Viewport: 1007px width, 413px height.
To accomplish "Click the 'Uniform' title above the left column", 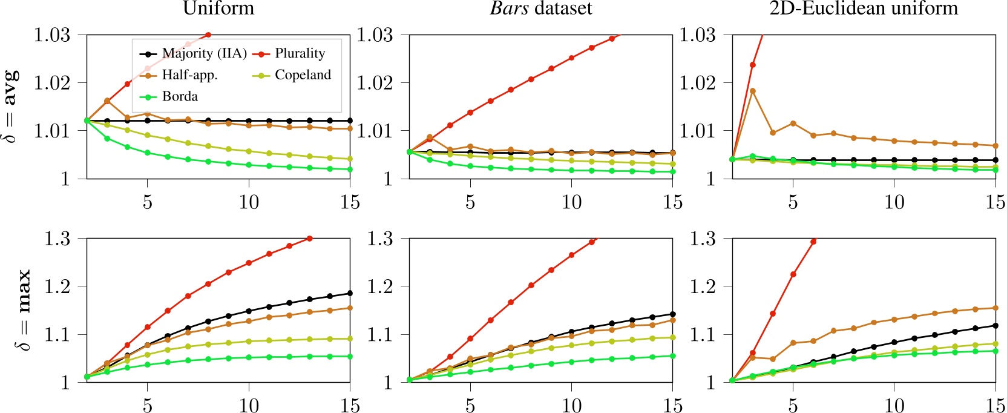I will pyautogui.click(x=218, y=8).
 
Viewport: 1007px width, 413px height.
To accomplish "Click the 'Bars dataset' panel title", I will pyautogui.click(x=541, y=8).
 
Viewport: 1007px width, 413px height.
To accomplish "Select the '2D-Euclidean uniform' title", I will pyautogui.click(x=864, y=8).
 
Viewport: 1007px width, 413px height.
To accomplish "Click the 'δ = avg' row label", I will pyautogui.click(x=11, y=107).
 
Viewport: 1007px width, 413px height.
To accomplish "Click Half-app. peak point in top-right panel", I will pyautogui.click(x=753, y=91).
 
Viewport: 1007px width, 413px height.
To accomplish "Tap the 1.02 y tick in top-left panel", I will pyautogui.click(x=52, y=83).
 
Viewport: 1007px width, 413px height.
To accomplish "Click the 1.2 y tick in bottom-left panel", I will pyautogui.click(x=57, y=286).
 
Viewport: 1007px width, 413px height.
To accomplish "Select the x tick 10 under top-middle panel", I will pyautogui.click(x=571, y=202).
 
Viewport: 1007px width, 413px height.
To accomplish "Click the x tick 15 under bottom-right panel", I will pyautogui.click(x=995, y=405).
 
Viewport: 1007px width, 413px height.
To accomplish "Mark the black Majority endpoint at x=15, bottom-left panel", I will pyautogui.click(x=350, y=293).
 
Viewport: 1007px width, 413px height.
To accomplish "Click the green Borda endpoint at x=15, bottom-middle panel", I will pyautogui.click(x=672, y=355).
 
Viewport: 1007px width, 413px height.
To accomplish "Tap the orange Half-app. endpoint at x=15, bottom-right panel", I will pyautogui.click(x=995, y=308).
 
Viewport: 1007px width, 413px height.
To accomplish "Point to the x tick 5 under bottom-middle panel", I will pyautogui.click(x=470, y=405).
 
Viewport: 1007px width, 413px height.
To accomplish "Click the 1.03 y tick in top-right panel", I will pyautogui.click(x=698, y=35).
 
